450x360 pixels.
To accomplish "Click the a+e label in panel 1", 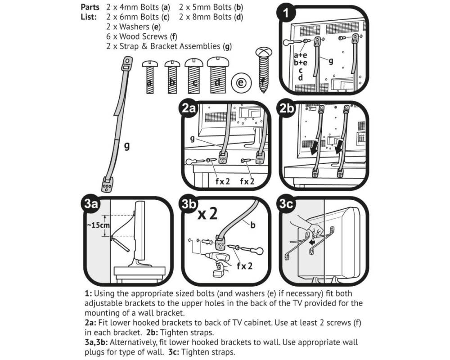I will pos(300,55).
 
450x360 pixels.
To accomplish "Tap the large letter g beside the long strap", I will pos(127,146).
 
